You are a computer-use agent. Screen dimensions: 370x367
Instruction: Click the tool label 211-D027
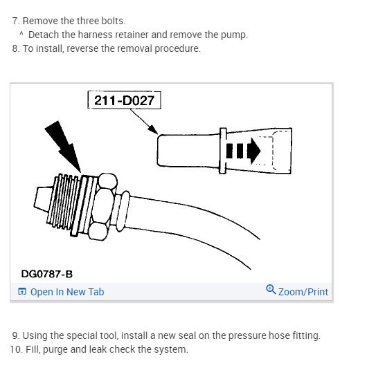tap(124, 101)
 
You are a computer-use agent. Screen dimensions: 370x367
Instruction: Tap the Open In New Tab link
tap(67, 292)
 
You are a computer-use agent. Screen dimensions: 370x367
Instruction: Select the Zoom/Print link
tap(303, 292)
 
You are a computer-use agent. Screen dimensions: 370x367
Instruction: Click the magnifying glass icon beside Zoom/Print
tap(271, 290)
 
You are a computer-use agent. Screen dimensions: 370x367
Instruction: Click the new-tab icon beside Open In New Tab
tap(22, 292)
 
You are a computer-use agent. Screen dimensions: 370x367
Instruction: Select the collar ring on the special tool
tap(223, 149)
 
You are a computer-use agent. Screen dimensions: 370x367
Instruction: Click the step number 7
tap(15, 21)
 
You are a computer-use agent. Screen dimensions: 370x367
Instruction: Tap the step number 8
tap(15, 48)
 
